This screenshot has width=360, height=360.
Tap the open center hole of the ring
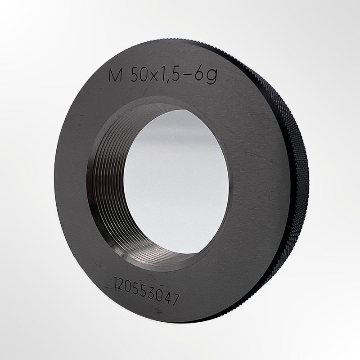pyautogui.click(x=178, y=180)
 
